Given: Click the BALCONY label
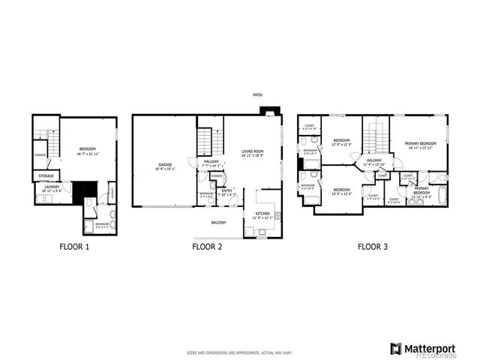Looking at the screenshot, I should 218,222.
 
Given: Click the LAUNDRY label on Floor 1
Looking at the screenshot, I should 52,187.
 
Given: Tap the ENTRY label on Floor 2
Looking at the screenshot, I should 227,192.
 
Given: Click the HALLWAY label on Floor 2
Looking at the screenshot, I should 211,162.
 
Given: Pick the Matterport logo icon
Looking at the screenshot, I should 395,348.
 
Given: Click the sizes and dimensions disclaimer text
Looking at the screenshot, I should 239,352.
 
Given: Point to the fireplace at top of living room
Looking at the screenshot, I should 268,112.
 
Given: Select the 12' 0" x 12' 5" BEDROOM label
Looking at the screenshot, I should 342,142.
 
